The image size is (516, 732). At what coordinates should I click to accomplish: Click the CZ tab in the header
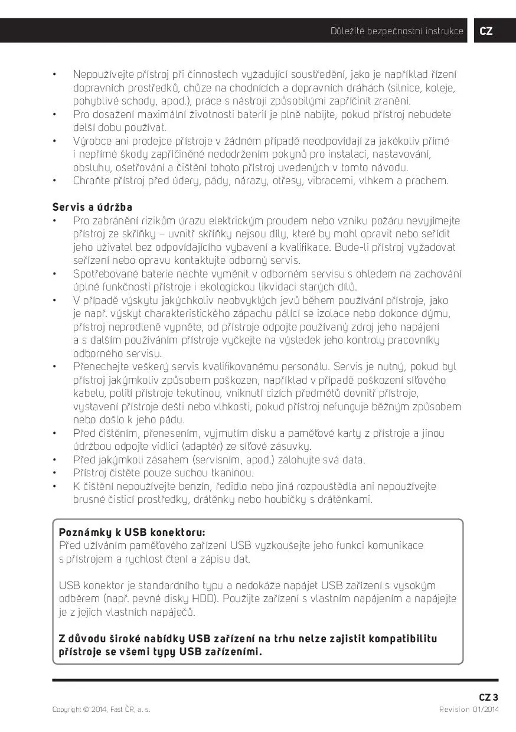click(486, 31)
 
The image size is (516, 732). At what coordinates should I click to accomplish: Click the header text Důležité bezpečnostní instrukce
click(397, 31)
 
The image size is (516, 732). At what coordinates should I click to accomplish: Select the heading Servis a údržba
click(92, 207)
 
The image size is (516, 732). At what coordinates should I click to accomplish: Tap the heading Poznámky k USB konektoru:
click(132, 532)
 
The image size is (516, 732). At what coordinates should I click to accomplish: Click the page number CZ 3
click(488, 697)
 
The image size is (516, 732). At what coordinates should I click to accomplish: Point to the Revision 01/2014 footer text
click(469, 710)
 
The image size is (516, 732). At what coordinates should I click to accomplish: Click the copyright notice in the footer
click(101, 710)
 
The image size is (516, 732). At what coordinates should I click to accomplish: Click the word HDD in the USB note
click(202, 599)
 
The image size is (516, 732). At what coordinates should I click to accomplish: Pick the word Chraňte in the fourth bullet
click(93, 181)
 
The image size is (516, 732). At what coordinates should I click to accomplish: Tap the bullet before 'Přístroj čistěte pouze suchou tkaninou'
click(54, 473)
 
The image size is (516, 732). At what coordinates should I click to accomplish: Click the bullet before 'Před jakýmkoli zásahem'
click(54, 460)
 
